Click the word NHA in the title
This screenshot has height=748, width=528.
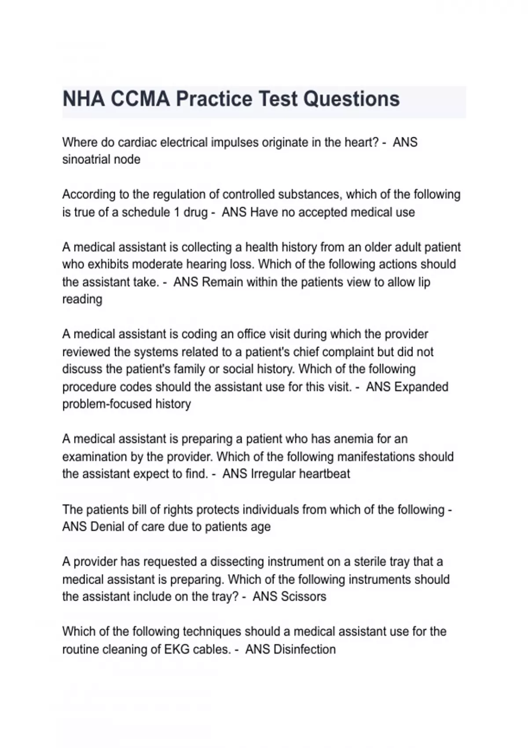(84, 99)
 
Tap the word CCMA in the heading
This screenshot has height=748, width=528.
(140, 99)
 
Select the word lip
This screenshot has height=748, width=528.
(424, 282)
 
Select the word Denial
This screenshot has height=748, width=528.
(107, 527)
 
